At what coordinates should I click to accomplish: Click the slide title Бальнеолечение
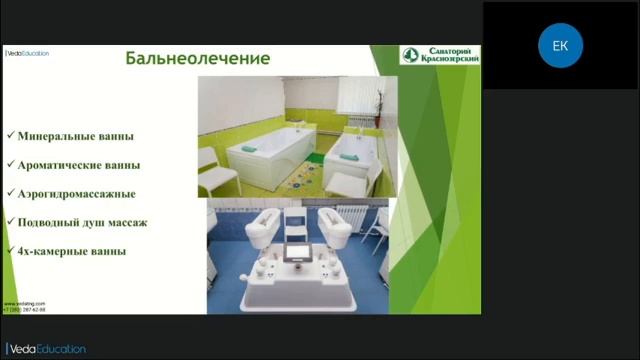(x=197, y=58)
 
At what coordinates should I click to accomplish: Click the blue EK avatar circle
(x=560, y=45)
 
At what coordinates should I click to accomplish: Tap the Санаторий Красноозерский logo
(x=439, y=55)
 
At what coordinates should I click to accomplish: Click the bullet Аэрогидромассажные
(x=76, y=193)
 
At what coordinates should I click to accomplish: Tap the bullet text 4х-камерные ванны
(x=70, y=251)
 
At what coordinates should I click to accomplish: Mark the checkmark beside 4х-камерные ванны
(x=9, y=251)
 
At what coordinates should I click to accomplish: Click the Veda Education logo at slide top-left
(x=27, y=53)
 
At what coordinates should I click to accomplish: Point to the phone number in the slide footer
(x=24, y=309)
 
